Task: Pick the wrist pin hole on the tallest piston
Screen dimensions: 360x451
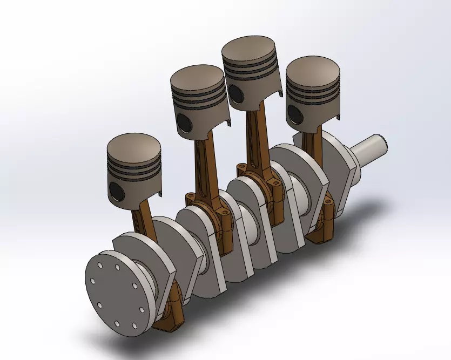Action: pos(235,93)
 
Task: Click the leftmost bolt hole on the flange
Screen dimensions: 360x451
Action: pos(93,282)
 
